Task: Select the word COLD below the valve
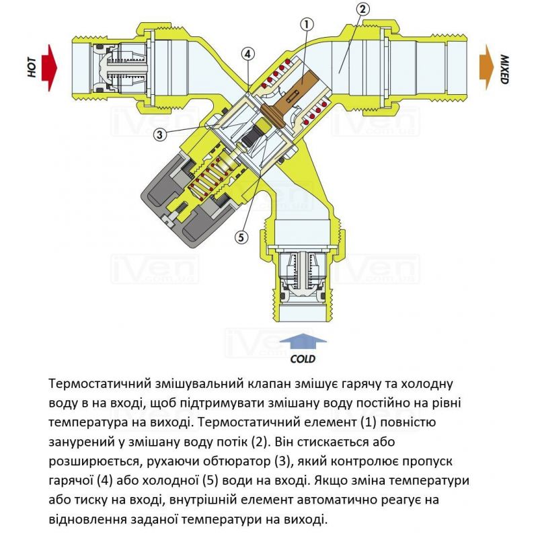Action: point(303,359)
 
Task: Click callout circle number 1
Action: point(307,25)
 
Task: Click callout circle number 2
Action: point(362,9)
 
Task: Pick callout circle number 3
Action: point(160,134)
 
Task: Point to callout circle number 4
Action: point(248,53)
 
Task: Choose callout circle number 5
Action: point(241,237)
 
